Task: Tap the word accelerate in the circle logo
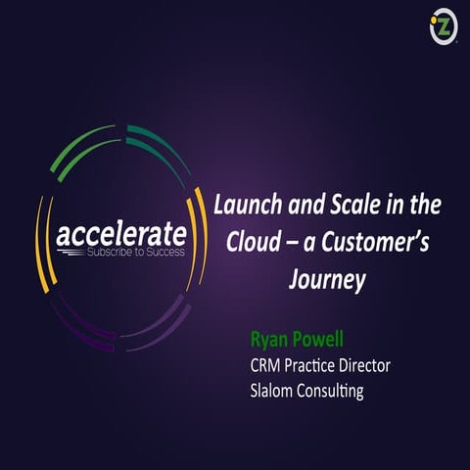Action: click(120, 235)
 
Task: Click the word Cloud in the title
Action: click(254, 244)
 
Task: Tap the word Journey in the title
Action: click(327, 280)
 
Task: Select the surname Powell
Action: click(320, 342)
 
